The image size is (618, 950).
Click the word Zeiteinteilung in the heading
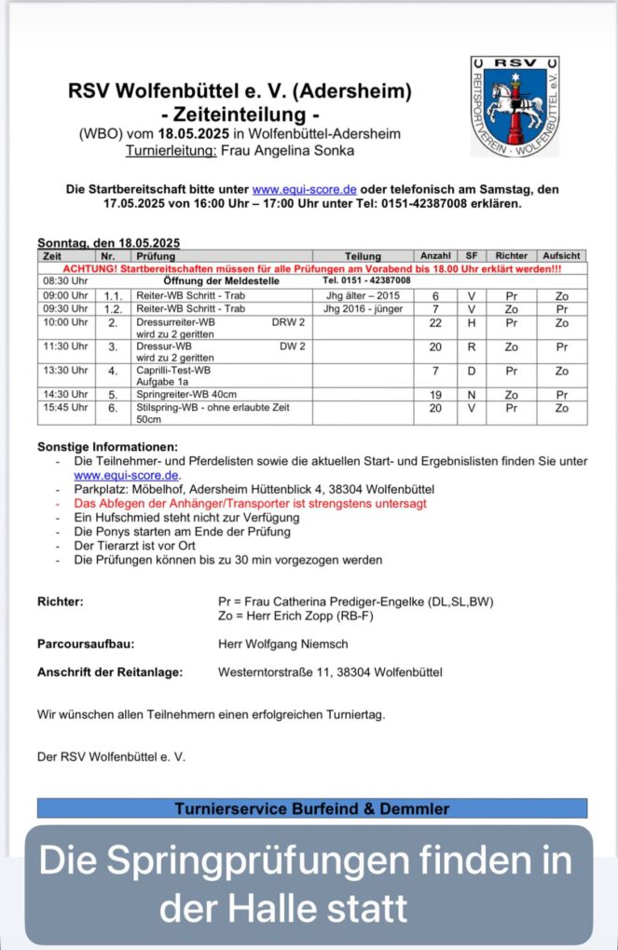point(240,115)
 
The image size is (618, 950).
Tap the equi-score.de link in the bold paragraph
point(295,189)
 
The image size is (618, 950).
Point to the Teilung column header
point(363,255)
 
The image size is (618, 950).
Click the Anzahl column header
point(435,255)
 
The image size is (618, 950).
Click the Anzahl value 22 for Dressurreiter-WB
point(435,322)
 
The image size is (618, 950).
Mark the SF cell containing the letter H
point(472,322)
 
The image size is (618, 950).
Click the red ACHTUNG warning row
point(312,267)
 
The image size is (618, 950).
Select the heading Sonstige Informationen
point(107,447)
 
